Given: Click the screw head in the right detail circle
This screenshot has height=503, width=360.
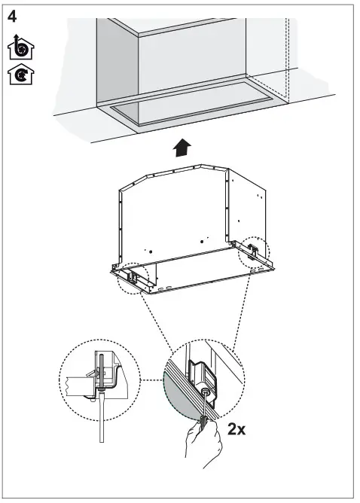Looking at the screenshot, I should [x=205, y=394].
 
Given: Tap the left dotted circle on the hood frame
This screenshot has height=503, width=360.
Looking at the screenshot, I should [x=133, y=277].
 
